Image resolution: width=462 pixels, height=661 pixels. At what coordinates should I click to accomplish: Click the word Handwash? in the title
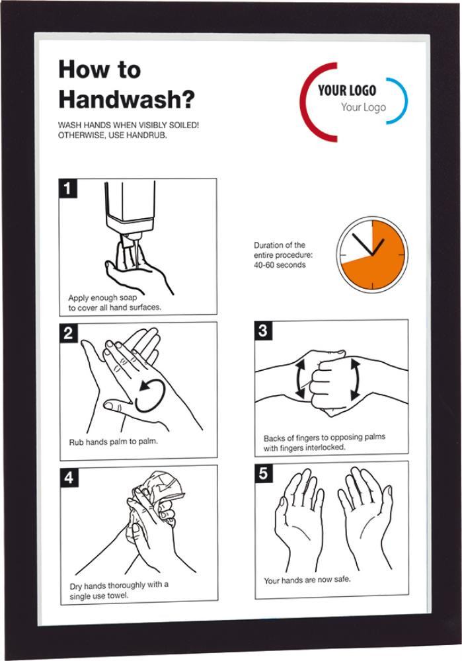[126, 100]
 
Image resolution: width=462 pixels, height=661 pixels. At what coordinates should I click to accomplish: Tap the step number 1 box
[67, 188]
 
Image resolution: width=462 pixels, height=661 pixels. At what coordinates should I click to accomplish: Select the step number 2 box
[68, 333]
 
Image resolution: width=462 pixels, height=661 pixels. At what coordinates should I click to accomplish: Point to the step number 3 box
[263, 330]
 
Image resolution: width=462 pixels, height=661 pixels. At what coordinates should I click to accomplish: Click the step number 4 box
[69, 478]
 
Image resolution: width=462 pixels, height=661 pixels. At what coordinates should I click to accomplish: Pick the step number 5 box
[264, 473]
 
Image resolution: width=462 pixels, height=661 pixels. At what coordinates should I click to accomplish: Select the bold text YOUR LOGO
[347, 90]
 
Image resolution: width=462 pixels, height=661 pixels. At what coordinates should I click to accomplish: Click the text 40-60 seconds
[280, 265]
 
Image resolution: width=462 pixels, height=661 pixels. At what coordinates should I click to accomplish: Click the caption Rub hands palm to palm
[114, 442]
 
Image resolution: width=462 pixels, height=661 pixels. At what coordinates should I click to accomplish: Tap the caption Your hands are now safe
[307, 580]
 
